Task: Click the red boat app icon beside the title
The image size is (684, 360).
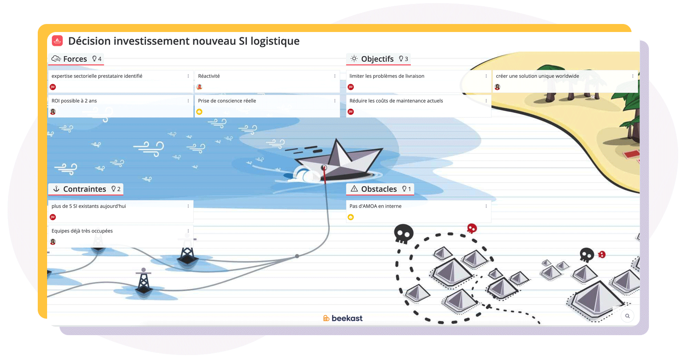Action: (x=57, y=40)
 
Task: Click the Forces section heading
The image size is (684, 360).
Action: (x=75, y=59)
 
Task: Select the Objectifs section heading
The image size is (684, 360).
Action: (x=377, y=59)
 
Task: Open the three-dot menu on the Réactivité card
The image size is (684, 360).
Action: (x=335, y=76)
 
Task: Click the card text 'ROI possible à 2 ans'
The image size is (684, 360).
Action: (x=74, y=101)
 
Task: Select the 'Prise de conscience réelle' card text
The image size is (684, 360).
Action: (x=227, y=101)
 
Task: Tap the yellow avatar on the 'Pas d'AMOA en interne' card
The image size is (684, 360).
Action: (x=350, y=217)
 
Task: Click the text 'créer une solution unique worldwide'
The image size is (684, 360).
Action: (x=537, y=76)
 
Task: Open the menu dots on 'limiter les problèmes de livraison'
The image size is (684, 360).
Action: (x=486, y=76)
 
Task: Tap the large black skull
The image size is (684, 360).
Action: (x=404, y=234)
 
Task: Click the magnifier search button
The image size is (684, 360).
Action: (x=627, y=316)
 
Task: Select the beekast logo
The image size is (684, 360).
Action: (x=342, y=318)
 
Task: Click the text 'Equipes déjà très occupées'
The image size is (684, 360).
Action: (x=82, y=231)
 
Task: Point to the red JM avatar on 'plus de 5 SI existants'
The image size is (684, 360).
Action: (x=53, y=217)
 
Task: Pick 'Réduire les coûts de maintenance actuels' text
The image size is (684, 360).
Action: (x=396, y=101)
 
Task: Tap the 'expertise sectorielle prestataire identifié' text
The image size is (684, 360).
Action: (x=97, y=76)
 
